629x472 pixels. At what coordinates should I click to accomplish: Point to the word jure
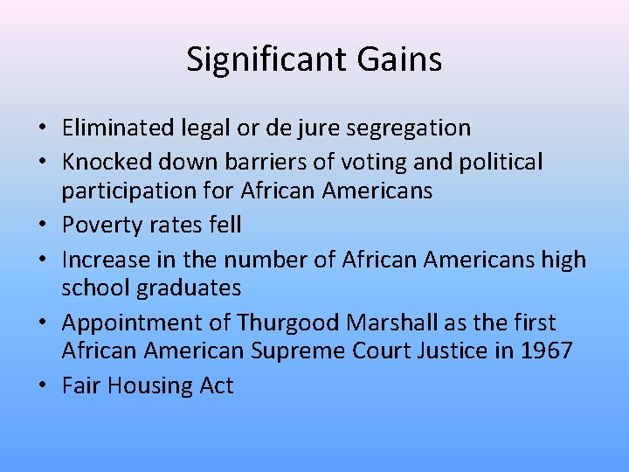322,128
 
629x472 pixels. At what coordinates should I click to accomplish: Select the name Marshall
392,323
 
